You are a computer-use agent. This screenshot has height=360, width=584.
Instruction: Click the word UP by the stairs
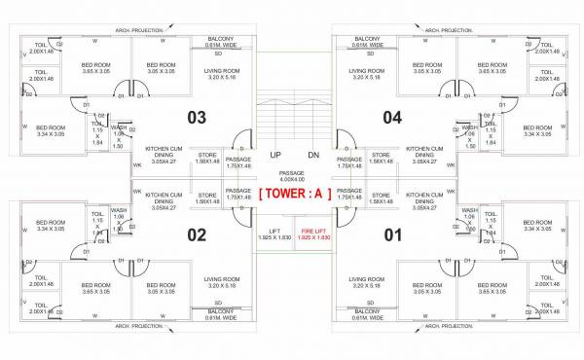coord(275,156)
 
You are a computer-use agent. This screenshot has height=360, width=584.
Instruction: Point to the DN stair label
coord(313,156)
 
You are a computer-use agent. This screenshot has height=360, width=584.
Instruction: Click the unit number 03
coord(197,118)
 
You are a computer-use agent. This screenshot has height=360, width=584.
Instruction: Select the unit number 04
coord(391,118)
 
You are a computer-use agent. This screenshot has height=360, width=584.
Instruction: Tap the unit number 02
coord(197,234)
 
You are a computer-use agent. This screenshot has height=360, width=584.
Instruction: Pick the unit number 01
coord(391,234)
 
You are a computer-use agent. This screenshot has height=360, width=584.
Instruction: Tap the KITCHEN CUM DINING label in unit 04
coord(424,156)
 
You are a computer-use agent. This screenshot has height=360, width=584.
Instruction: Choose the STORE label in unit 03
coord(205,158)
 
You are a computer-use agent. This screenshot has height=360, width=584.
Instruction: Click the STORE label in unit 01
coord(382,198)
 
